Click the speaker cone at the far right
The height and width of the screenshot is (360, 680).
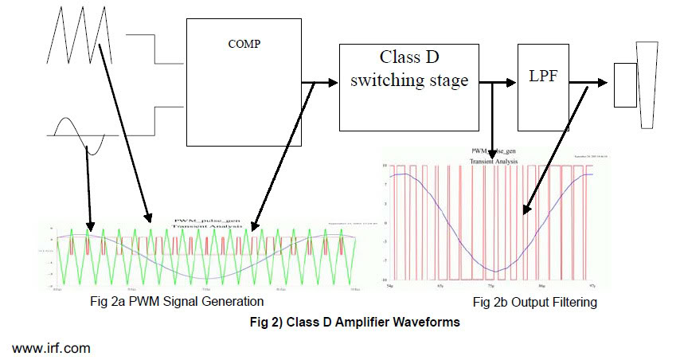coord(645,84)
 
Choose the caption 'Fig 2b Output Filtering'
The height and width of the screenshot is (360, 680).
coord(534,303)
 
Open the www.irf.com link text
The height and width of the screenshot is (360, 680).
coord(51,349)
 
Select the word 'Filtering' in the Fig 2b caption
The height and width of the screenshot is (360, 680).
coord(572,303)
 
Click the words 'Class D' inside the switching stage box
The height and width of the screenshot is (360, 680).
coord(410,59)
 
